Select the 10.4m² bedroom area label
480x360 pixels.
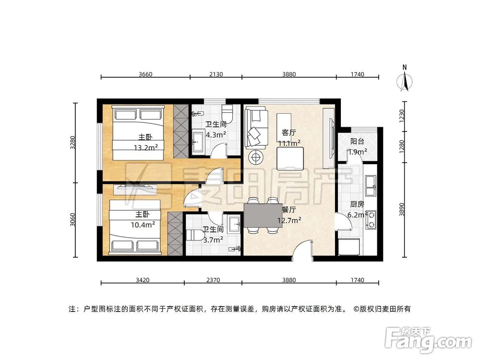coord(143,224)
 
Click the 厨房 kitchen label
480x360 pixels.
coord(358,204)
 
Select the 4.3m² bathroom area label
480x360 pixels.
coord(216,135)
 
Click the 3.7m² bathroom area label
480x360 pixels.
coord(212,240)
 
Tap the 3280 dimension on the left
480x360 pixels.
coord(73,143)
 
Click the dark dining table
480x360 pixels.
coord(263,216)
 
